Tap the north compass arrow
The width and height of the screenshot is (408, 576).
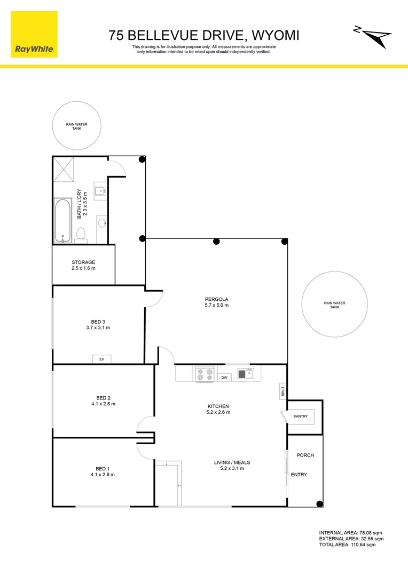[376, 36]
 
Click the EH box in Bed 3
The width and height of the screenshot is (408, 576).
[101, 359]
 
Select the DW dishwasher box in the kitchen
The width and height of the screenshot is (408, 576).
[225, 378]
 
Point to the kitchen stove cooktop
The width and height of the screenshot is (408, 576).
[205, 374]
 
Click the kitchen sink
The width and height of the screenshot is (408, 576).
[245, 373]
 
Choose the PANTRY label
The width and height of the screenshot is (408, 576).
[300, 417]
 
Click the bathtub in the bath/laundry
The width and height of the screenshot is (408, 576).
[62, 220]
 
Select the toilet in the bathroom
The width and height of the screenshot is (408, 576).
[82, 234]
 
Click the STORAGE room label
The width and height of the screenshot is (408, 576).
[83, 262]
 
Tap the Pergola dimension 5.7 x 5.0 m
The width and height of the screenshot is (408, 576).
[216, 305]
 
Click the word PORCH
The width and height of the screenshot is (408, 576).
[305, 455]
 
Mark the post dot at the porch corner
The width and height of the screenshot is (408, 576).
[319, 503]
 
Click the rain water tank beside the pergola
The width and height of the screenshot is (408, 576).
[334, 305]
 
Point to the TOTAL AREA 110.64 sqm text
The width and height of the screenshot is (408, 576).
[348, 545]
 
